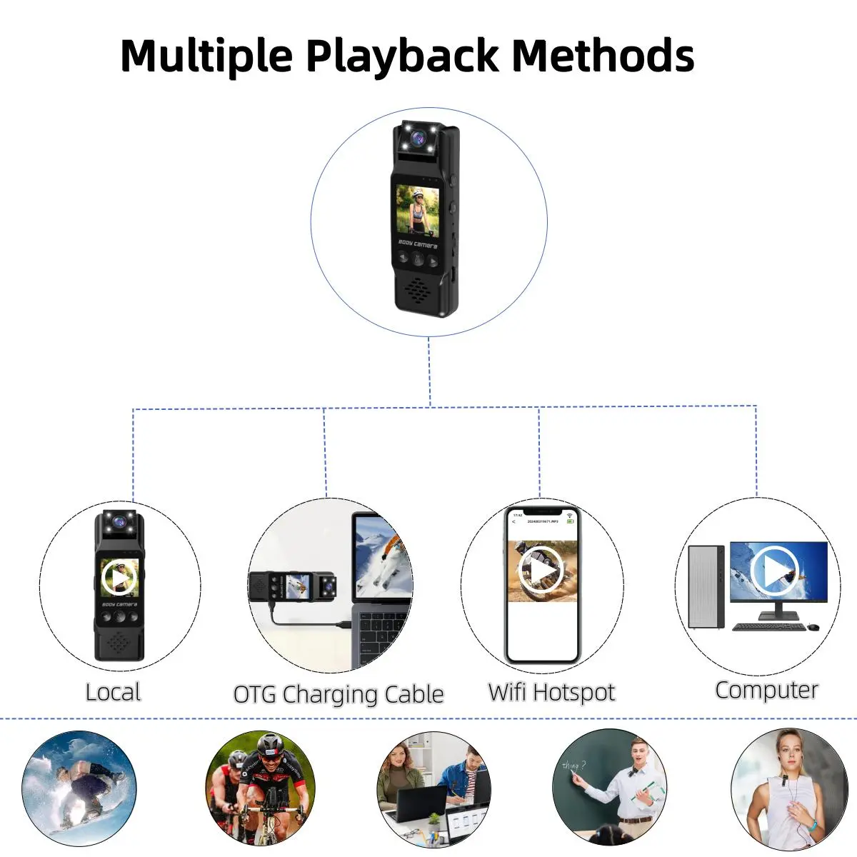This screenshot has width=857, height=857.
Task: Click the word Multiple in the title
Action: click(x=206, y=56)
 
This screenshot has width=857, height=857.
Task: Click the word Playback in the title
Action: click(x=401, y=56)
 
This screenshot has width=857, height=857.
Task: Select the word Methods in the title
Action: click(x=603, y=56)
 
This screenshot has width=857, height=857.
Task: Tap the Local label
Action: click(x=113, y=692)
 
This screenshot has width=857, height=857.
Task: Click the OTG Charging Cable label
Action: click(x=339, y=694)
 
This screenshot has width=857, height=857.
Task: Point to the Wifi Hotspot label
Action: click(x=551, y=692)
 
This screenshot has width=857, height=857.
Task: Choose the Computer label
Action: click(x=766, y=690)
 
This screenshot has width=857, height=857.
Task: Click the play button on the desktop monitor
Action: click(x=774, y=569)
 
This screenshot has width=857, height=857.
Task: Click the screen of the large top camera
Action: click(x=418, y=209)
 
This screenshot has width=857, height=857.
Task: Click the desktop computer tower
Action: click(x=706, y=587)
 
